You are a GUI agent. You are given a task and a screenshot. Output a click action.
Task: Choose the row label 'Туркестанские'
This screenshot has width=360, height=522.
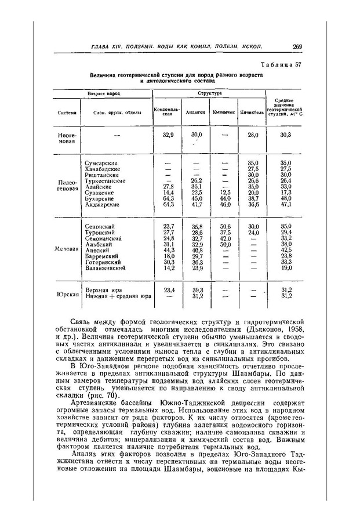coord(106,181)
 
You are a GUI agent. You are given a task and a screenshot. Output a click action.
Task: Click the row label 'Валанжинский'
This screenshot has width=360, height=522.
coord(107,268)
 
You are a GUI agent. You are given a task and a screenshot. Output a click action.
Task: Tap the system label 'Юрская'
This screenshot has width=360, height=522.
coord(67,293)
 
